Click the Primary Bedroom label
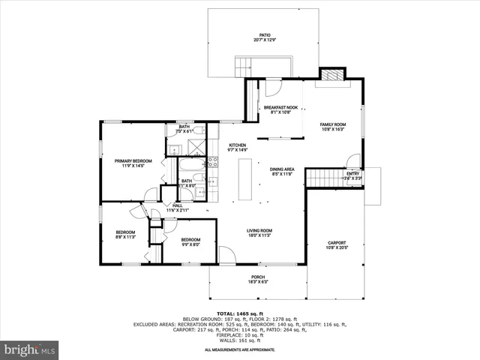click(x=133, y=163)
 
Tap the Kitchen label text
click(x=238, y=147)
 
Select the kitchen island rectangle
click(x=245, y=180)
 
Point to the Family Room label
click(x=333, y=127)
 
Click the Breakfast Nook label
click(x=280, y=109)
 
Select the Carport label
click(x=336, y=245)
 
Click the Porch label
click(x=257, y=280)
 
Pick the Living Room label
click(x=260, y=232)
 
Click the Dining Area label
click(x=282, y=172)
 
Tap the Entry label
click(x=352, y=176)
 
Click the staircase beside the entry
click(x=324, y=178)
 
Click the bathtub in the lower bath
click(x=187, y=166)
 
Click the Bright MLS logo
click(x=30, y=349)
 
